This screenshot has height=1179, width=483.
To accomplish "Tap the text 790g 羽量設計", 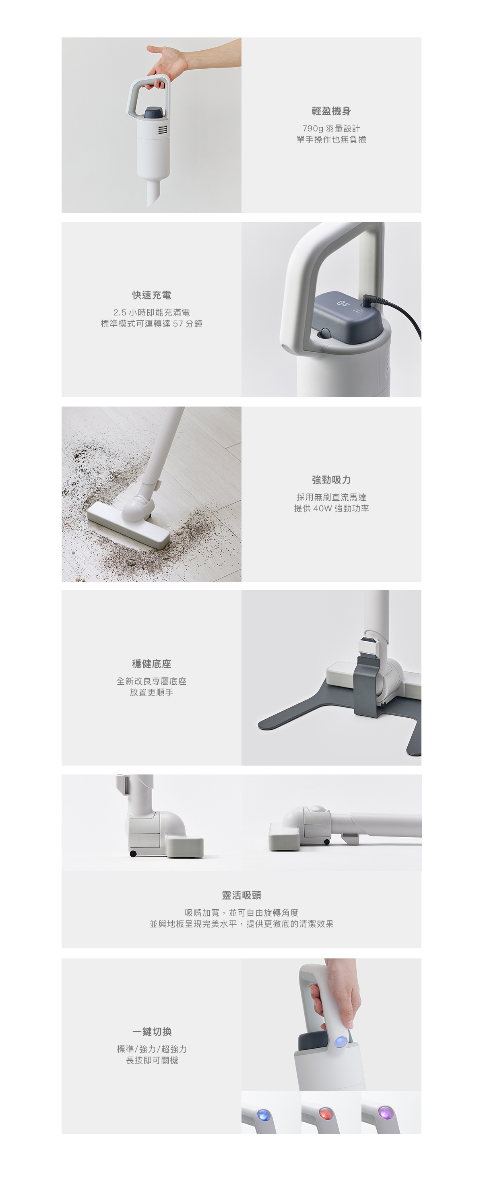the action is tap(331, 129).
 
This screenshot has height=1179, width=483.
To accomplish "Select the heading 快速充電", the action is tap(151, 295).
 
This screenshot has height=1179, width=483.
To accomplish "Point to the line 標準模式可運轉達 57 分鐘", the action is tap(151, 324).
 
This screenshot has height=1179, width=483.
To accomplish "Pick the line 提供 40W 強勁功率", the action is tap(331, 508).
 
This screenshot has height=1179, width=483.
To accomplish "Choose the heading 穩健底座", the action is tap(151, 664).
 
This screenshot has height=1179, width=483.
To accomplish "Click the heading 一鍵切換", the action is tap(151, 1032).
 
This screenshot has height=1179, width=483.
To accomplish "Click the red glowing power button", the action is tap(325, 1112).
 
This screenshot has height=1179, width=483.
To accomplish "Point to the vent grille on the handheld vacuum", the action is tap(163, 130).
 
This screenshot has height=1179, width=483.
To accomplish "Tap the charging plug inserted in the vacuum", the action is tap(369, 301).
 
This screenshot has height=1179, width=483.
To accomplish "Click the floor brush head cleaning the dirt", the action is tap(128, 525).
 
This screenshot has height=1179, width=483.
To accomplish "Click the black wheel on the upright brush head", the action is tap(133, 854).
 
